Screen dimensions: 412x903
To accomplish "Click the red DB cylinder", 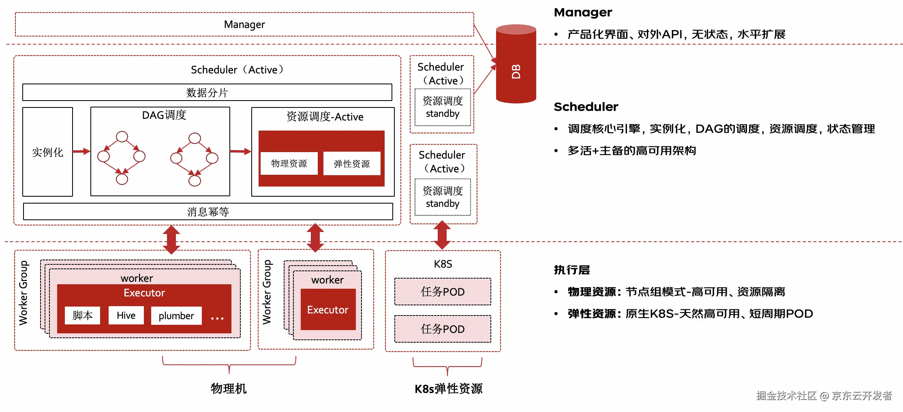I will (x=516, y=65).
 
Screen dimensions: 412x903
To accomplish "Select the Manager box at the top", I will (x=244, y=24).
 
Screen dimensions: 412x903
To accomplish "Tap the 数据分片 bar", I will (x=207, y=92).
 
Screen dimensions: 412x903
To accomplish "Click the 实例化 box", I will (x=47, y=152).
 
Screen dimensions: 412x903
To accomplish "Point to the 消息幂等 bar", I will (x=208, y=212).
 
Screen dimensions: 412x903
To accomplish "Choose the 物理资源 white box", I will (x=289, y=163).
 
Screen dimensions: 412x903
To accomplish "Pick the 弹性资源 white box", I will (x=352, y=164).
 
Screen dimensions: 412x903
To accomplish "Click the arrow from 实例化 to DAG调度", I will (x=81, y=151).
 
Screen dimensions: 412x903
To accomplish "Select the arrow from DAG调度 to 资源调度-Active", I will (x=240, y=151).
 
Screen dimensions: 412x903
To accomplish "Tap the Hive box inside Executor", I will (x=126, y=315).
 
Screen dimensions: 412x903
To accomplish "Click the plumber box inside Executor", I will (x=176, y=316).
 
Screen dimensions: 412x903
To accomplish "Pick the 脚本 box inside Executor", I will (x=82, y=315).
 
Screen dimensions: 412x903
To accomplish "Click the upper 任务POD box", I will (x=443, y=292).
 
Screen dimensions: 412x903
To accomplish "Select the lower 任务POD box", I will (x=443, y=329).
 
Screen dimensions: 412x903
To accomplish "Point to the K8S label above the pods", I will (x=443, y=264).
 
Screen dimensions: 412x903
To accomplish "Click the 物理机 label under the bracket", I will (x=229, y=388).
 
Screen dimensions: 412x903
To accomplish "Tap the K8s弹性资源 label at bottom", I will (x=448, y=389).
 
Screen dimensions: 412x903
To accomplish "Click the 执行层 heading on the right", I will (x=571, y=270).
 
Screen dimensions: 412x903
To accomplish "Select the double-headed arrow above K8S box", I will (x=442, y=235).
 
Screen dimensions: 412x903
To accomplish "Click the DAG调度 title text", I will (x=164, y=115).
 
